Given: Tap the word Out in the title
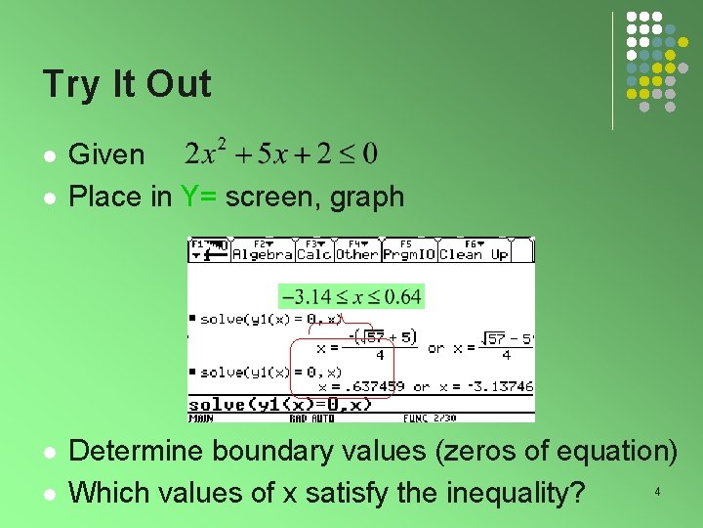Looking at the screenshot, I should coord(178,85).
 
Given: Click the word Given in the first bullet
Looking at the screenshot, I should coord(107,154).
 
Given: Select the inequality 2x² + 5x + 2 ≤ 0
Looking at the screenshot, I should coord(281,154).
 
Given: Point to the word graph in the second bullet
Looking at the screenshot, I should coord(366,197).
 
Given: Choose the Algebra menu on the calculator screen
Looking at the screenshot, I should coord(263,253).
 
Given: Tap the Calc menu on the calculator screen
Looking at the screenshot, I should coord(313,253).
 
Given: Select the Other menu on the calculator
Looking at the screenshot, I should coord(356,253).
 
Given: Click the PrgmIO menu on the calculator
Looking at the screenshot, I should coord(408,253).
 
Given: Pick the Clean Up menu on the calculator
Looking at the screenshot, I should coord(474,253).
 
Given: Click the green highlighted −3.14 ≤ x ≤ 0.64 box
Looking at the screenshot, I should coord(351,295).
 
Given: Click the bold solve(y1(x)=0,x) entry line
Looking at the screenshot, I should coord(280,405).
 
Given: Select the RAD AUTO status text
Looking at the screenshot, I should coord(311,418).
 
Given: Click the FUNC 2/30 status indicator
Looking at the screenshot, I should coord(431,418).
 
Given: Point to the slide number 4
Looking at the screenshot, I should coord(657,491).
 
